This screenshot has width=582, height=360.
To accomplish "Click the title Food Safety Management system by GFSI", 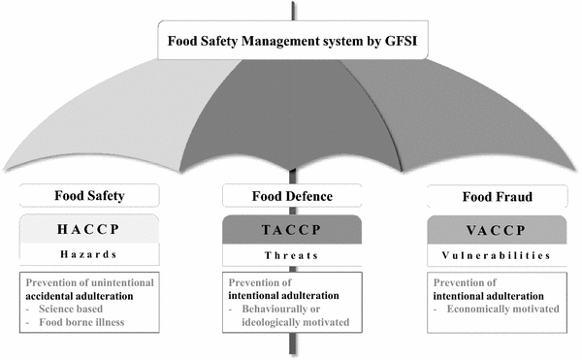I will [x=290, y=42].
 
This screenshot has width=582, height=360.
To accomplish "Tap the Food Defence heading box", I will [x=291, y=195].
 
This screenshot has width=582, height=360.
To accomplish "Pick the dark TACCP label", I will [x=291, y=229].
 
